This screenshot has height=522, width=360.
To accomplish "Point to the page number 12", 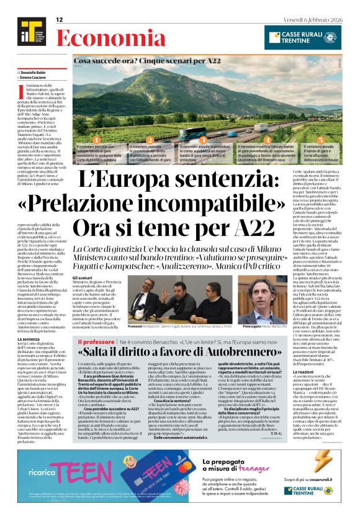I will pyautogui.click(x=60, y=20).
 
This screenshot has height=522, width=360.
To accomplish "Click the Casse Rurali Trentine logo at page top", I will pyautogui.click(x=302, y=37).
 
